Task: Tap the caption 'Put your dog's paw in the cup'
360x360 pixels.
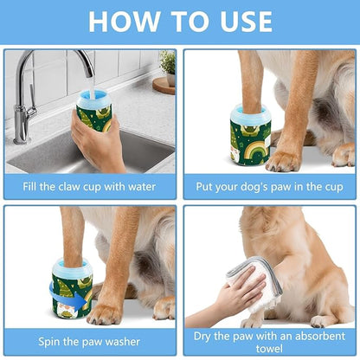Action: [x=269, y=185]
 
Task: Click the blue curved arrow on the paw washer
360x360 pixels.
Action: [x=83, y=300]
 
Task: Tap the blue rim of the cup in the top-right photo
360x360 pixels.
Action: [x=251, y=112]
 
